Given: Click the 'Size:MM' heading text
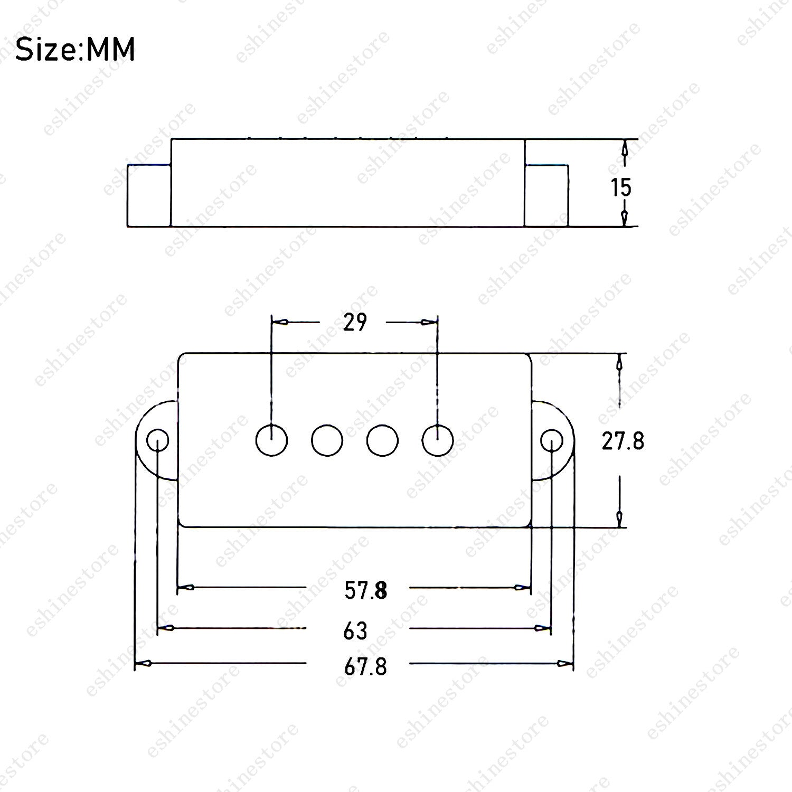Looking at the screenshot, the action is click(76, 50).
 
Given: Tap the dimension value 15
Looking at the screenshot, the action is click(621, 187).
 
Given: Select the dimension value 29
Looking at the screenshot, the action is click(354, 322).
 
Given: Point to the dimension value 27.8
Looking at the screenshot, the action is click(623, 441).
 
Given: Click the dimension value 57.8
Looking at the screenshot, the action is click(366, 590).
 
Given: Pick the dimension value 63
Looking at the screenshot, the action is click(355, 630).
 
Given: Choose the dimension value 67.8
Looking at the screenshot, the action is click(366, 667).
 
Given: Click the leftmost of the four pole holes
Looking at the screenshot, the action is click(271, 440).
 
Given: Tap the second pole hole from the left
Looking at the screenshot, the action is click(327, 440).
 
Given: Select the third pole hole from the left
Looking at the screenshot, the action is click(382, 440).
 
